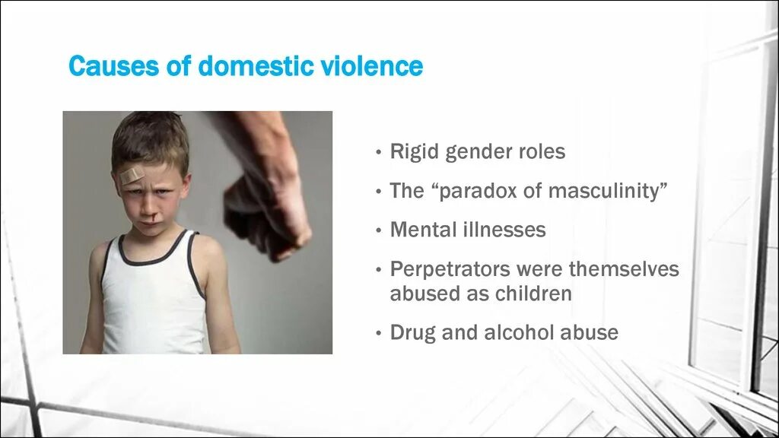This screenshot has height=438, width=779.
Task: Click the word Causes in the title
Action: click(x=113, y=66)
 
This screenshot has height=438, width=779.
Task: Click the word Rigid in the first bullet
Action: click(x=415, y=151)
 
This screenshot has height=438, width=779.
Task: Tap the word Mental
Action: click(x=421, y=230)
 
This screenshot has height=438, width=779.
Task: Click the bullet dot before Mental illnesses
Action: click(x=378, y=230)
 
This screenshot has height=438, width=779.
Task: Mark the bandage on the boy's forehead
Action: click(x=132, y=176)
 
